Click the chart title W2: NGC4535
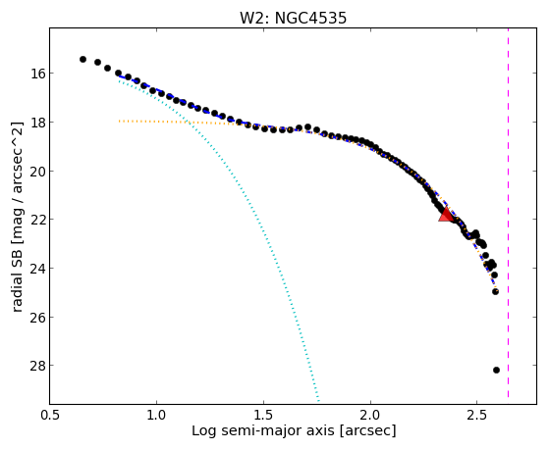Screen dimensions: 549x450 coord(293,18)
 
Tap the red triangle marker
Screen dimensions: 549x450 coord(446,215)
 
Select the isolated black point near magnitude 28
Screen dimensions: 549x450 coord(496,370)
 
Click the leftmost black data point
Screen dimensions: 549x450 coord(82,59)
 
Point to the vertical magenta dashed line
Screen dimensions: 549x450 coord(508,214)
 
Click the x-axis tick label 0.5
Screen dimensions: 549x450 coord(50,415)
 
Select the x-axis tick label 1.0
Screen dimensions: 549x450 coord(156,415)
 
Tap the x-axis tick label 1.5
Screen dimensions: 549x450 coord(263,415)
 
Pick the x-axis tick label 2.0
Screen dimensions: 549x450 coord(370,415)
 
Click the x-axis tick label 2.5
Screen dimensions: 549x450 coord(477,415)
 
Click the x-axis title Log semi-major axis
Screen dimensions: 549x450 coord(263,430)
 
